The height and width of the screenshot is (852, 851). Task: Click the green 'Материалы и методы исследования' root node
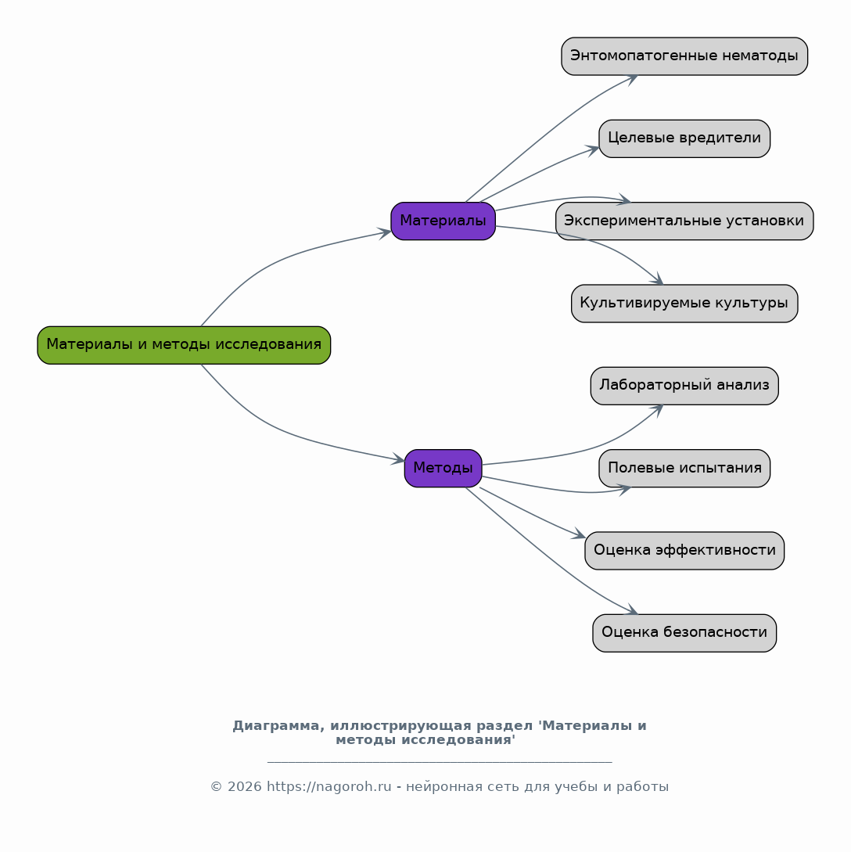point(184,345)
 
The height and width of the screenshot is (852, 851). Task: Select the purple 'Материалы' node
point(443,221)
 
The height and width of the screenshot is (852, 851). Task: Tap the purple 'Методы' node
point(443,469)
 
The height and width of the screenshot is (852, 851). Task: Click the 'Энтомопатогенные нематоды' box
point(684,56)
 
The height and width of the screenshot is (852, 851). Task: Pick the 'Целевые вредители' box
point(684,138)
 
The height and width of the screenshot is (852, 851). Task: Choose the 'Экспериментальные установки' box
point(684,221)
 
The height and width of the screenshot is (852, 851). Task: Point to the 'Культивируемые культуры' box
point(684,304)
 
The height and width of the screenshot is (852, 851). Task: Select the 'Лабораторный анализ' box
point(684,386)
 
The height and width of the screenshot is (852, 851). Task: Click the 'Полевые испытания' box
point(684,469)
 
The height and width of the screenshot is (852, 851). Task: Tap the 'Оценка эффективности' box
point(684,551)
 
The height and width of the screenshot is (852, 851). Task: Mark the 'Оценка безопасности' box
point(684,633)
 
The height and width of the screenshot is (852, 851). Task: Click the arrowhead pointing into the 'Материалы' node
point(385,233)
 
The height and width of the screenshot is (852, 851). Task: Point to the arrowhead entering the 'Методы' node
point(398,459)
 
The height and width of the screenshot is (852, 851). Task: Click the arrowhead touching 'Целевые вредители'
point(592,150)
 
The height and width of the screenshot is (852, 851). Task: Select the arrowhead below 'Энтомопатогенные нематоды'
point(630,80)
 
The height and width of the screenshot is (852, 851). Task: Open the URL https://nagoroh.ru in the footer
point(329,787)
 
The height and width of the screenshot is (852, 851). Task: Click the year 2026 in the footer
point(244,787)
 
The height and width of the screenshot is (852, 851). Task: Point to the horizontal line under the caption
point(440,762)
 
